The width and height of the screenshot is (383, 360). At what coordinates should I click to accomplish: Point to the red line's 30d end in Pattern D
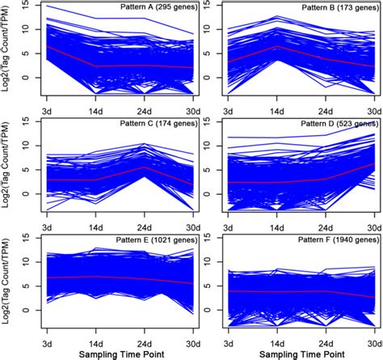pos(372,164)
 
